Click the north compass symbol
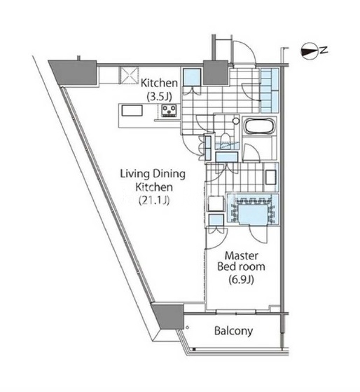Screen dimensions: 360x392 point(310,51)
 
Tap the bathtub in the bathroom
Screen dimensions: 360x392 point(260,126)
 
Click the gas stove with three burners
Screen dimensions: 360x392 point(169,111)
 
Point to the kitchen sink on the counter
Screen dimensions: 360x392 point(132,110)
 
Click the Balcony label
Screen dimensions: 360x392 point(233,331)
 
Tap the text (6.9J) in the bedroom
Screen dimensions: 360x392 point(241,280)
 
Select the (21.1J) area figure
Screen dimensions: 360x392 point(154,200)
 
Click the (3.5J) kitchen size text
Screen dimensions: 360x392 point(159,96)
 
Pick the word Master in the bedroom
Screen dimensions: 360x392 point(241,256)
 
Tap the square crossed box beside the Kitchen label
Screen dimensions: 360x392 point(130,76)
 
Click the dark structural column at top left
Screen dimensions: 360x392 point(74,72)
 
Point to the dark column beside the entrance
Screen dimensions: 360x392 point(216,72)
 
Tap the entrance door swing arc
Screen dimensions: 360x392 point(247,49)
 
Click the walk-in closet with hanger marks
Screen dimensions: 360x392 point(252,210)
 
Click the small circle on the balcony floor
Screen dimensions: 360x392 point(187,327)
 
